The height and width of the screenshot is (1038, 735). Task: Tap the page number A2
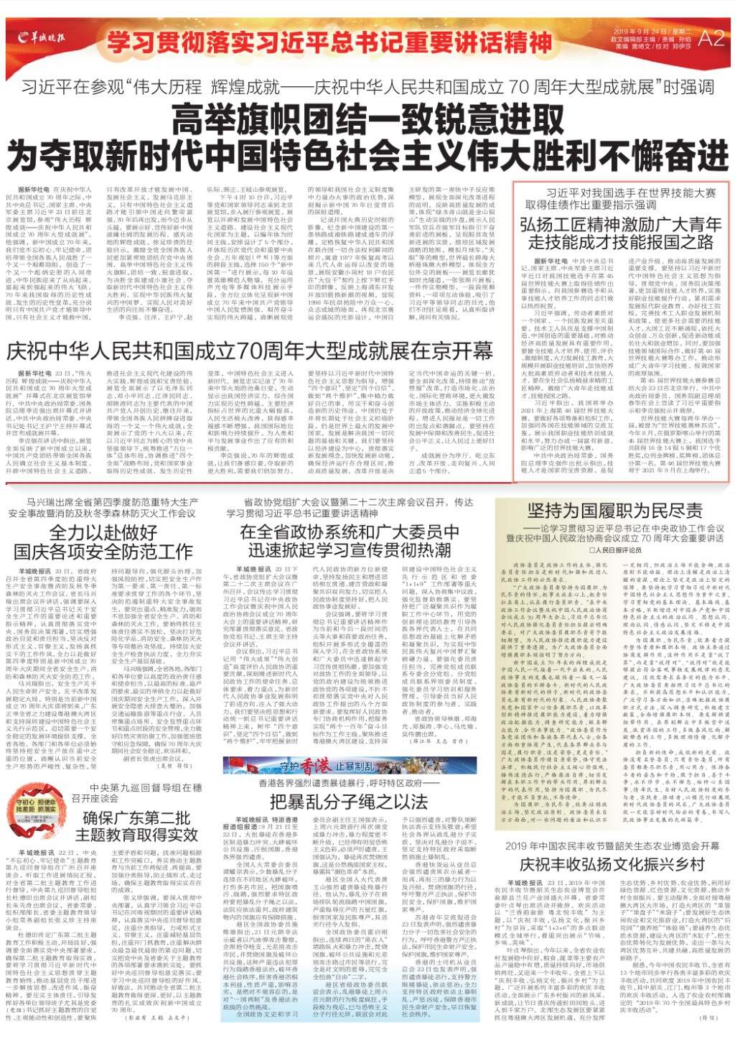point(711,38)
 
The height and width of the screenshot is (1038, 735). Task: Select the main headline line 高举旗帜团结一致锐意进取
point(367,117)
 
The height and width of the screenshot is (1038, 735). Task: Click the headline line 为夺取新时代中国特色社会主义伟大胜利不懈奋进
point(367,152)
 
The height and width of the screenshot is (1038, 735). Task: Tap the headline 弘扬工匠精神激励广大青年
point(621,224)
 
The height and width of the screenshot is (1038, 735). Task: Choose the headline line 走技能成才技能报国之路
point(621,241)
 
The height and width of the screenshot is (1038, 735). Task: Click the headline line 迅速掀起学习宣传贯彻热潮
point(350,550)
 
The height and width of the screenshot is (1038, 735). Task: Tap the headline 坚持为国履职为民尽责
point(614,510)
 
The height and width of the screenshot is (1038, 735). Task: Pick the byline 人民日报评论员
point(615,550)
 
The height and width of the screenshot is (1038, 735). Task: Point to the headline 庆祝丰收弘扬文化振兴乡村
point(612,863)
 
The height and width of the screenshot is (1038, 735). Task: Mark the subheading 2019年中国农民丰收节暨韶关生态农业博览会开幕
point(612,845)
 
